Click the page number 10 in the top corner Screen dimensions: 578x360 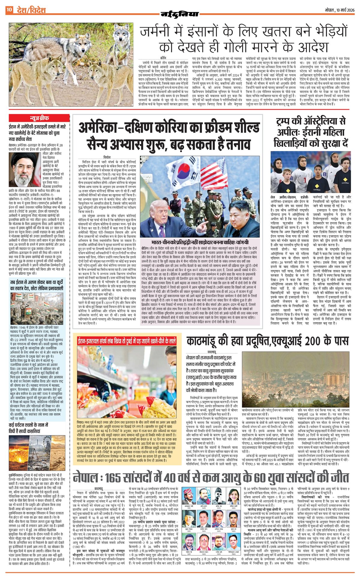9,10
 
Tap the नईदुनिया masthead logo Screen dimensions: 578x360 180,14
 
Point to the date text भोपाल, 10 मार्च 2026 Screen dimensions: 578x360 339,10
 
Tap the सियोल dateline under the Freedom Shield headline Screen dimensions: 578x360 107,157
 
